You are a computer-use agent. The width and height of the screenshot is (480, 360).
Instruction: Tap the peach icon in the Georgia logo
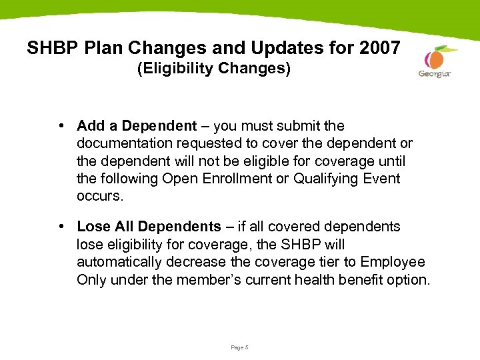(437, 58)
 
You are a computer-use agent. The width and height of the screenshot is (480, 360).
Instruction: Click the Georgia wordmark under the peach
(435, 74)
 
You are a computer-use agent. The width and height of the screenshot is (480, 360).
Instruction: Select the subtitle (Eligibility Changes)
(214, 69)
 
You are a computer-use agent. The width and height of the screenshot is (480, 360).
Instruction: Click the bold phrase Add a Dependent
(137, 126)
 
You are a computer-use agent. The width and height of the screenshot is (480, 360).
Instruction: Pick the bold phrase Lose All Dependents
(147, 227)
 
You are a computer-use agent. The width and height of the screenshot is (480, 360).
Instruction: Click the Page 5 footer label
(239, 347)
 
